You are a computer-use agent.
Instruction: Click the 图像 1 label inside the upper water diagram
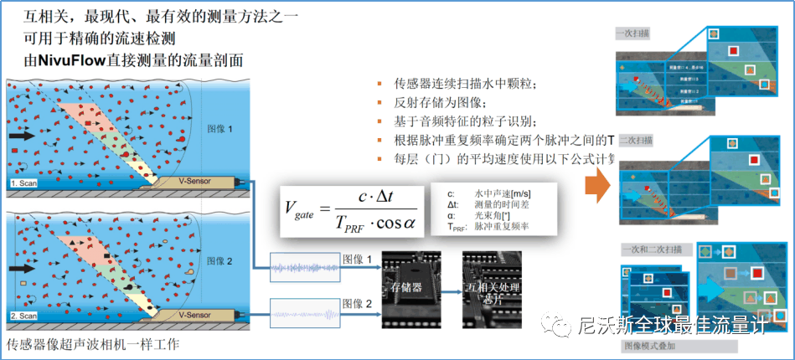tap(219, 129)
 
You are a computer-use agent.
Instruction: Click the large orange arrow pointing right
tap(596, 185)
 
